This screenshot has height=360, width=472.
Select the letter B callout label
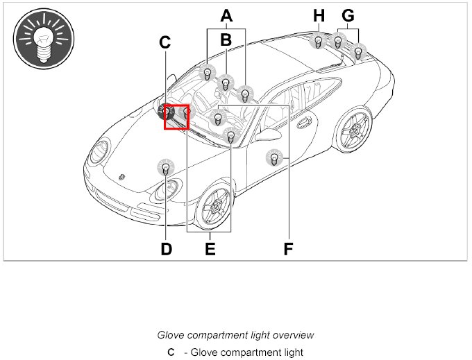point(226,40)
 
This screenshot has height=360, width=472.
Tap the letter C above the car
point(165,42)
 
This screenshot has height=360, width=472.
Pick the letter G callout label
point(348,15)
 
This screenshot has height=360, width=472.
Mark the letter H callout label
point(319,15)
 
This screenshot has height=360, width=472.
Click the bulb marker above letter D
point(165,167)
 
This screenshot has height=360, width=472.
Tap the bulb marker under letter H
point(318,42)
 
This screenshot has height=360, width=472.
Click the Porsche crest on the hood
point(121,177)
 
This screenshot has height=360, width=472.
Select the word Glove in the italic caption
point(171,335)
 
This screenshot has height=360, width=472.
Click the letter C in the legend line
point(171,352)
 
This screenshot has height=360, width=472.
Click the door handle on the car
point(303,125)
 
